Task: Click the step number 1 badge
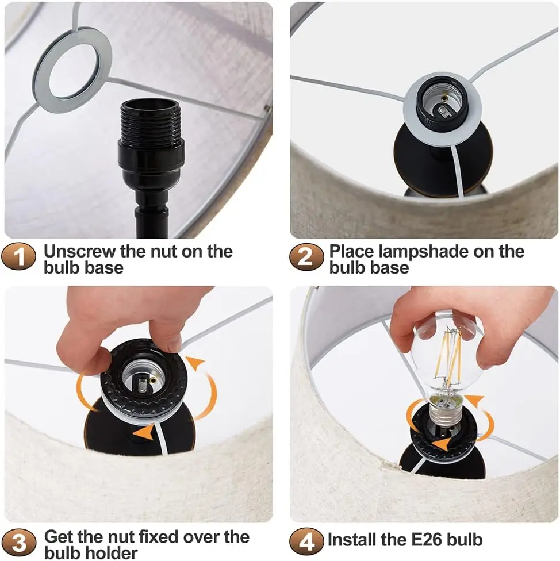(x=19, y=256)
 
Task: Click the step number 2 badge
(x=305, y=256)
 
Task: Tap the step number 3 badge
(x=19, y=542)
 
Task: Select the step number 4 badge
(x=305, y=540)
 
